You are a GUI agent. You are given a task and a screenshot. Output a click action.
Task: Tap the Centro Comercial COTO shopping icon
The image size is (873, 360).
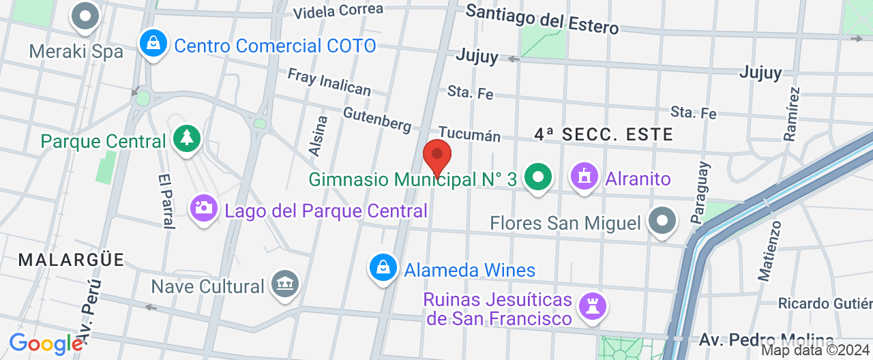(154, 44)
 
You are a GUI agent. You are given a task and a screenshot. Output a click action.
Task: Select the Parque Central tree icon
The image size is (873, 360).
(186, 138)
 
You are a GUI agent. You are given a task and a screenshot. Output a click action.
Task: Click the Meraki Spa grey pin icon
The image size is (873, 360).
(86, 17)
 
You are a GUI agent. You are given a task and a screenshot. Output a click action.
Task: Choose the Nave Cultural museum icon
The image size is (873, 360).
(284, 284)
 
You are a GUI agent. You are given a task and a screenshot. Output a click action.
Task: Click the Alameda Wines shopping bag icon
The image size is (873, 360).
(383, 268)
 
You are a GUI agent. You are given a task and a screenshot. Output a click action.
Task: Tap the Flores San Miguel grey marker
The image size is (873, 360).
(662, 222)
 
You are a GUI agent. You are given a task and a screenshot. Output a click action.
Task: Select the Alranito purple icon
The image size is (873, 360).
(584, 177)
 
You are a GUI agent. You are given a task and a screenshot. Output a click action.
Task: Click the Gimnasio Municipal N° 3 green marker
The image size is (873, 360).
(538, 178)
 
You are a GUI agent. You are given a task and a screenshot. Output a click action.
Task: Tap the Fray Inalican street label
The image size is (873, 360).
(329, 81)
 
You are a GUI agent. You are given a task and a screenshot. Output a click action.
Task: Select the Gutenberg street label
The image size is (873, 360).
(377, 119)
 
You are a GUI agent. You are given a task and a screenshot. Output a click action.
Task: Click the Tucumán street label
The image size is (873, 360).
(469, 134)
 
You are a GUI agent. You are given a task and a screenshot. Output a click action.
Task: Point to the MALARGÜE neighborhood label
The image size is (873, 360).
(72, 260)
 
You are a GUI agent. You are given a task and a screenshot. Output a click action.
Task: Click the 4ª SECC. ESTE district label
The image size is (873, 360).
(604, 134)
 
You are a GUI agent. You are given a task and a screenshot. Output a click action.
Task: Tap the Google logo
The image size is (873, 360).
(46, 344)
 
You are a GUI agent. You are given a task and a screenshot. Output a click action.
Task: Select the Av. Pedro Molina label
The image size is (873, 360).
(766, 340)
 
